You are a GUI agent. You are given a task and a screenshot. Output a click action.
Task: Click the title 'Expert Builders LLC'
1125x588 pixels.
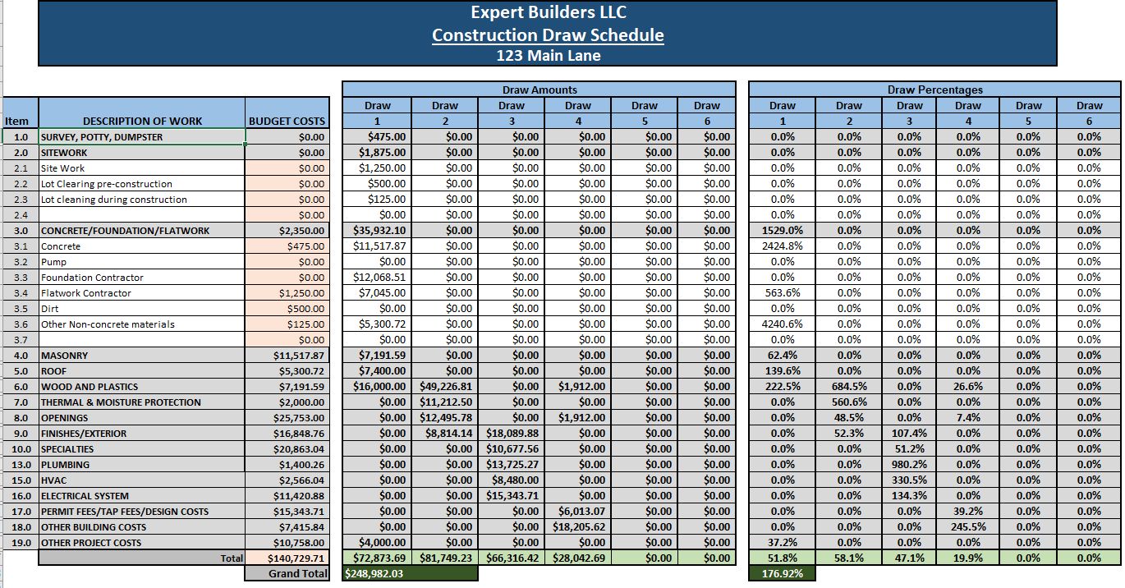coord(548,12)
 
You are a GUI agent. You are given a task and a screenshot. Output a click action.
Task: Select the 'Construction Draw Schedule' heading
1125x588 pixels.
coord(548,34)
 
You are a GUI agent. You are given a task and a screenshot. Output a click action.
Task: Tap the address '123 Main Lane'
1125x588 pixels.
coord(548,56)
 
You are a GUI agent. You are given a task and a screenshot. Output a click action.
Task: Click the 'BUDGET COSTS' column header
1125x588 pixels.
coord(287,121)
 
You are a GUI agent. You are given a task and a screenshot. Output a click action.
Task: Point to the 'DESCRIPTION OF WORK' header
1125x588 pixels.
coord(142,121)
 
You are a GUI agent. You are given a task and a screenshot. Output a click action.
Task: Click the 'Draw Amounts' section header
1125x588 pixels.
coord(539,90)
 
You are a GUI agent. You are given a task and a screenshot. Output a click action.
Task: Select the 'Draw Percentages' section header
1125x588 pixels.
coord(934,90)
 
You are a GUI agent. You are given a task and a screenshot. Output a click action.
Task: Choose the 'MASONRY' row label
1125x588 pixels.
coord(65,356)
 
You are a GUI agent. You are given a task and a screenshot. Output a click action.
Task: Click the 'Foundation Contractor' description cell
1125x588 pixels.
coord(92,278)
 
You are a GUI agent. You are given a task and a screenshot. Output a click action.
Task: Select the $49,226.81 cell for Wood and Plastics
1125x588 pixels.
coord(446,387)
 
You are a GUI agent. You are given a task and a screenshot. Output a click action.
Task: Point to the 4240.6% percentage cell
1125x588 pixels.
coord(782,324)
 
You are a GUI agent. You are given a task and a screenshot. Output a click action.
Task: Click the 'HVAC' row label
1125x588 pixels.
coord(54,480)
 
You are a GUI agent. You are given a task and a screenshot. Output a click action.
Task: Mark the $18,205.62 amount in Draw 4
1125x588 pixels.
coord(579,527)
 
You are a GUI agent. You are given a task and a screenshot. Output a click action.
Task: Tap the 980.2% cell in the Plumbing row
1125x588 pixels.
coord(909,465)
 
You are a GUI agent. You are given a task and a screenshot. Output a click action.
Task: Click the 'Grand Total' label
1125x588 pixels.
coord(297,573)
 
